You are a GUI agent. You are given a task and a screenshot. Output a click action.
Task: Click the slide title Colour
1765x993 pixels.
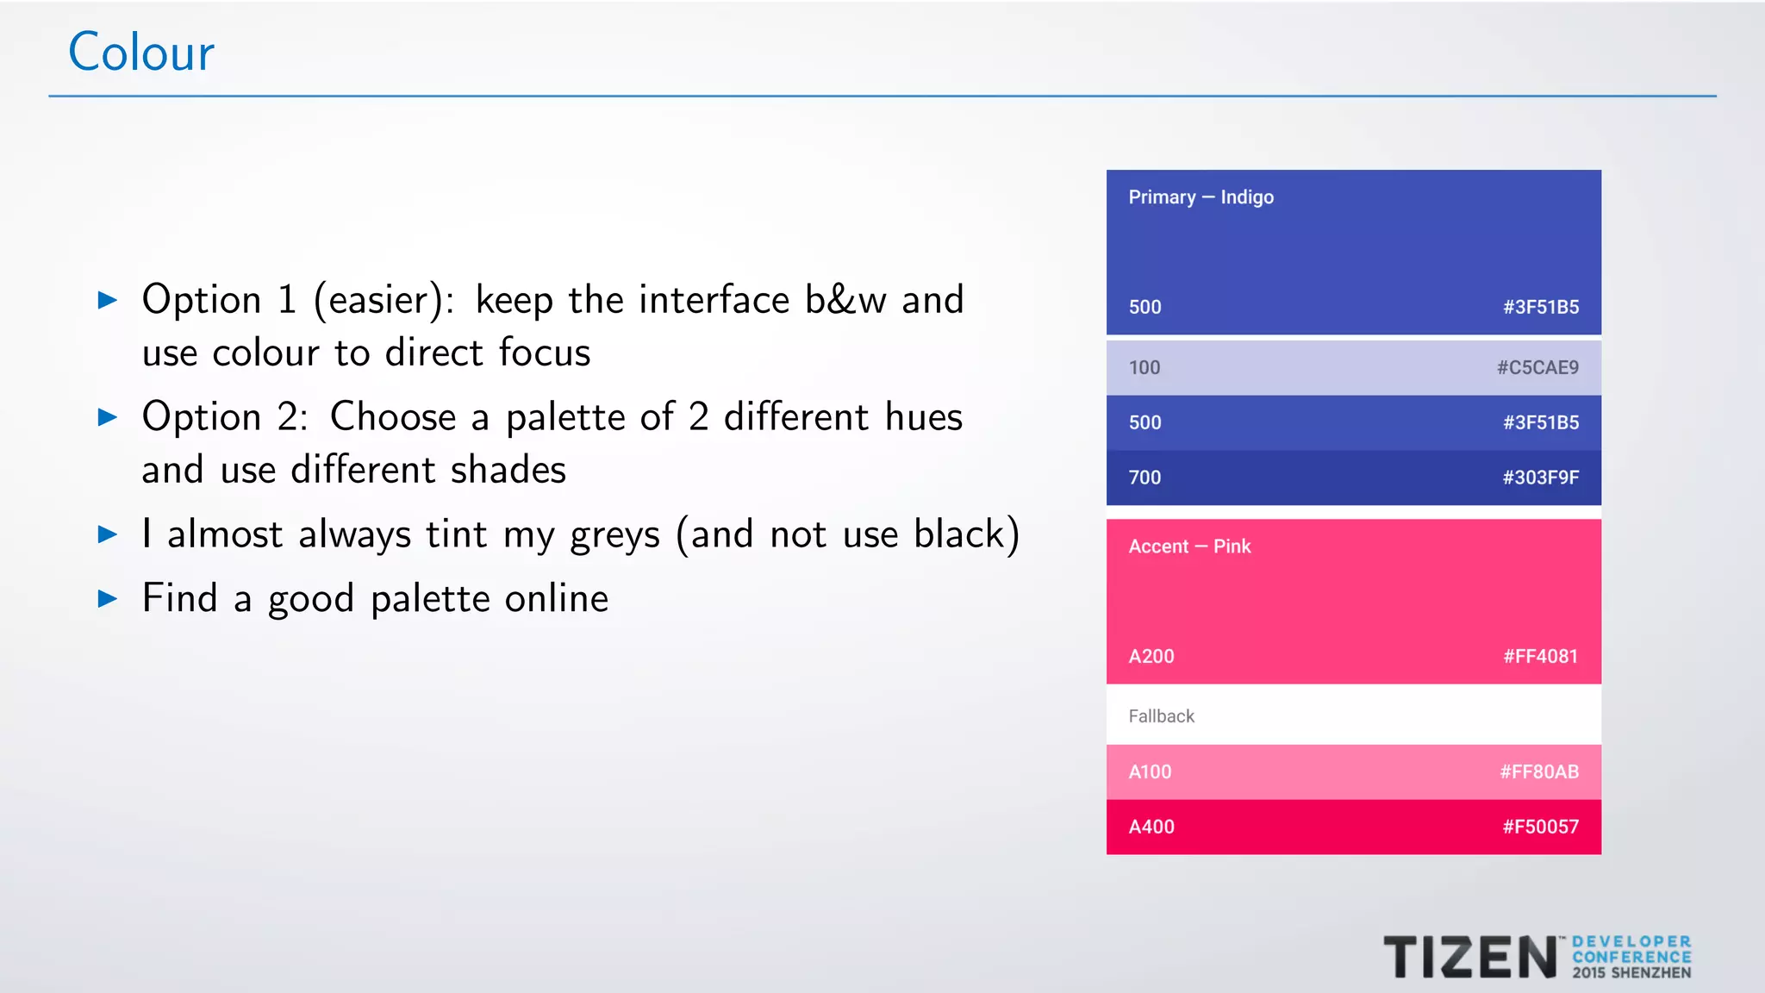pos(141,53)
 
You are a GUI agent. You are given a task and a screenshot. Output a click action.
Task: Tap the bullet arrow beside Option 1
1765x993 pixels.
pos(108,300)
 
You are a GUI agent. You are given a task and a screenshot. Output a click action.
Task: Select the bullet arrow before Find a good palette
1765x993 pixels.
pos(108,598)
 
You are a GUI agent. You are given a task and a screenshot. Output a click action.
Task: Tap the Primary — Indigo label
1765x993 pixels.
pos(1201,197)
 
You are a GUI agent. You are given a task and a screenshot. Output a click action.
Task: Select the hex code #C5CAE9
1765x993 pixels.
pos(1537,368)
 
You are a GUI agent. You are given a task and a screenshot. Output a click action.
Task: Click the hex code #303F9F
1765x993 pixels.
pos(1541,478)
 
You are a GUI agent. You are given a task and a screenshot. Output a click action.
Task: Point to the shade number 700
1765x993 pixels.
pos(1144,478)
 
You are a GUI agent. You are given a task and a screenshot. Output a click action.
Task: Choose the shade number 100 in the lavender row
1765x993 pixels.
pos(1144,368)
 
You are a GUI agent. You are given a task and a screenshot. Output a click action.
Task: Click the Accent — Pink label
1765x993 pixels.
pos(1189,546)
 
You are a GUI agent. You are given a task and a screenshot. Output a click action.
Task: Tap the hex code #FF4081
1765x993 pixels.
pos(1540,657)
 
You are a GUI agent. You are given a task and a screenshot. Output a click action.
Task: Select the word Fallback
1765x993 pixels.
pos(1161,716)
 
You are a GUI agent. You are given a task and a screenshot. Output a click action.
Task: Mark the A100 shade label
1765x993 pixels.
pos(1150,772)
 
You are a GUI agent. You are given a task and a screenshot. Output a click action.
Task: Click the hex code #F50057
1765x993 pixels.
pos(1541,827)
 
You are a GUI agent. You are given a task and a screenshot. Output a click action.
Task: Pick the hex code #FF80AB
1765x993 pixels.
pos(1539,772)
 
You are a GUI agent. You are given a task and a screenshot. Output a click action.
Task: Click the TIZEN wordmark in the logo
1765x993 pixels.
pos(1469,958)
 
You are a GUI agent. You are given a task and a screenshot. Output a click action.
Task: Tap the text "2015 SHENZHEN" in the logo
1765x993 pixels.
pos(1631,973)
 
